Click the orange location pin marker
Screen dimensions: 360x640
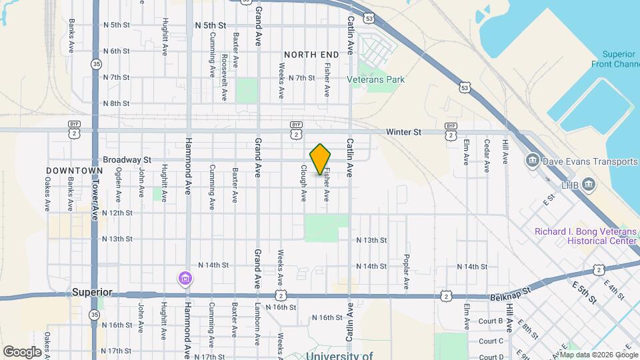point(321,159)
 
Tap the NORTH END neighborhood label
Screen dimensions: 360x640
point(308,53)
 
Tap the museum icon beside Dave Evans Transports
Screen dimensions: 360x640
point(533,161)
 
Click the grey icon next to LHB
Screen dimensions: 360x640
point(588,184)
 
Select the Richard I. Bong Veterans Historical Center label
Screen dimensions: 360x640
point(585,236)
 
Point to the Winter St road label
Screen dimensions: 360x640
point(404,133)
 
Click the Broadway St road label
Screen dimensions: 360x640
point(127,160)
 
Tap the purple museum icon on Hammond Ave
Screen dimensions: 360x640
point(185,278)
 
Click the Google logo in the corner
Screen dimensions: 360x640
point(22,351)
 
